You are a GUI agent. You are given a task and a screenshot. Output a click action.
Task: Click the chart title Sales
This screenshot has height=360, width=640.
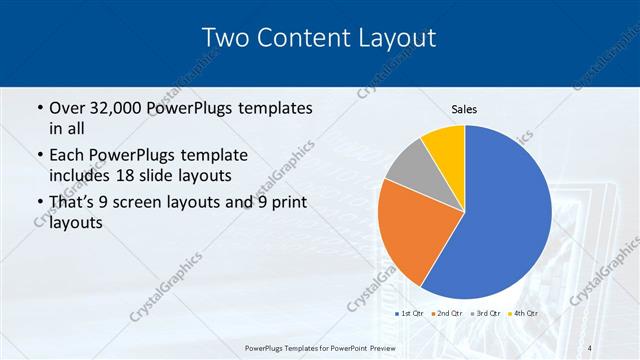[x=464, y=108]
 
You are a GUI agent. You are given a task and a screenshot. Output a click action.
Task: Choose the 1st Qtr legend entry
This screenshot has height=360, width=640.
[x=411, y=313]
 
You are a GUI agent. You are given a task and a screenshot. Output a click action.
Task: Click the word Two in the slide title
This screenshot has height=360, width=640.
[x=225, y=38]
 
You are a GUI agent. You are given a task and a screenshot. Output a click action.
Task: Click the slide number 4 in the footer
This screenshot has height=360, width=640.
[x=590, y=347]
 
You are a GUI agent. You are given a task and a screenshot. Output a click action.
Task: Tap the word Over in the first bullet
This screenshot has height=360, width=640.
[x=68, y=108]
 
